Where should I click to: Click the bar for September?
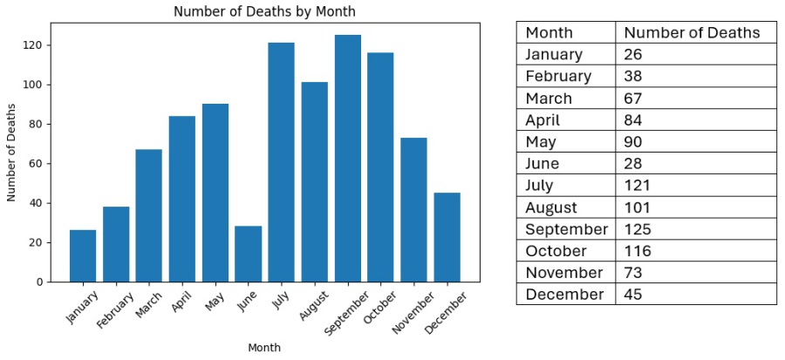pyautogui.click(x=348, y=158)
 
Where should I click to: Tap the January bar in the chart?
pyautogui.click(x=83, y=255)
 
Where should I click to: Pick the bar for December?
pyautogui.click(x=447, y=237)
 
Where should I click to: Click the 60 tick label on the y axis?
pyautogui.click(x=40, y=164)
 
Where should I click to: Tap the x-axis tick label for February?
pyautogui.click(x=116, y=310)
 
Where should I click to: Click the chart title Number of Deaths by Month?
pyautogui.click(x=264, y=11)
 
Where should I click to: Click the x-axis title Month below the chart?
pyautogui.click(x=264, y=348)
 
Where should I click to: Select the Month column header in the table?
pyautogui.click(x=549, y=33)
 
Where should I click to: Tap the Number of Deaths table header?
pyautogui.click(x=693, y=33)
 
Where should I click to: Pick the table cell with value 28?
pyautogui.click(x=635, y=163)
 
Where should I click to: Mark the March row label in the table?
pyautogui.click(x=549, y=98)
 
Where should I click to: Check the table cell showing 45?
pyautogui.click(x=635, y=294)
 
